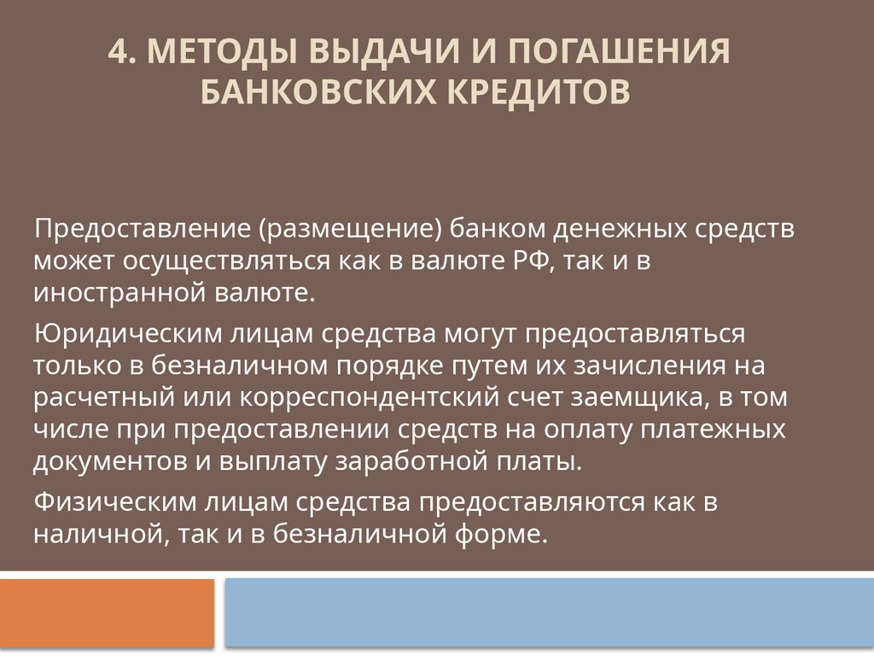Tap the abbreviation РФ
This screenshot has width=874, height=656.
(535, 262)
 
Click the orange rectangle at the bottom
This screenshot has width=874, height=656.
(107, 612)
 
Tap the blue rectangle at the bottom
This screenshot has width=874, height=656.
(549, 612)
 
